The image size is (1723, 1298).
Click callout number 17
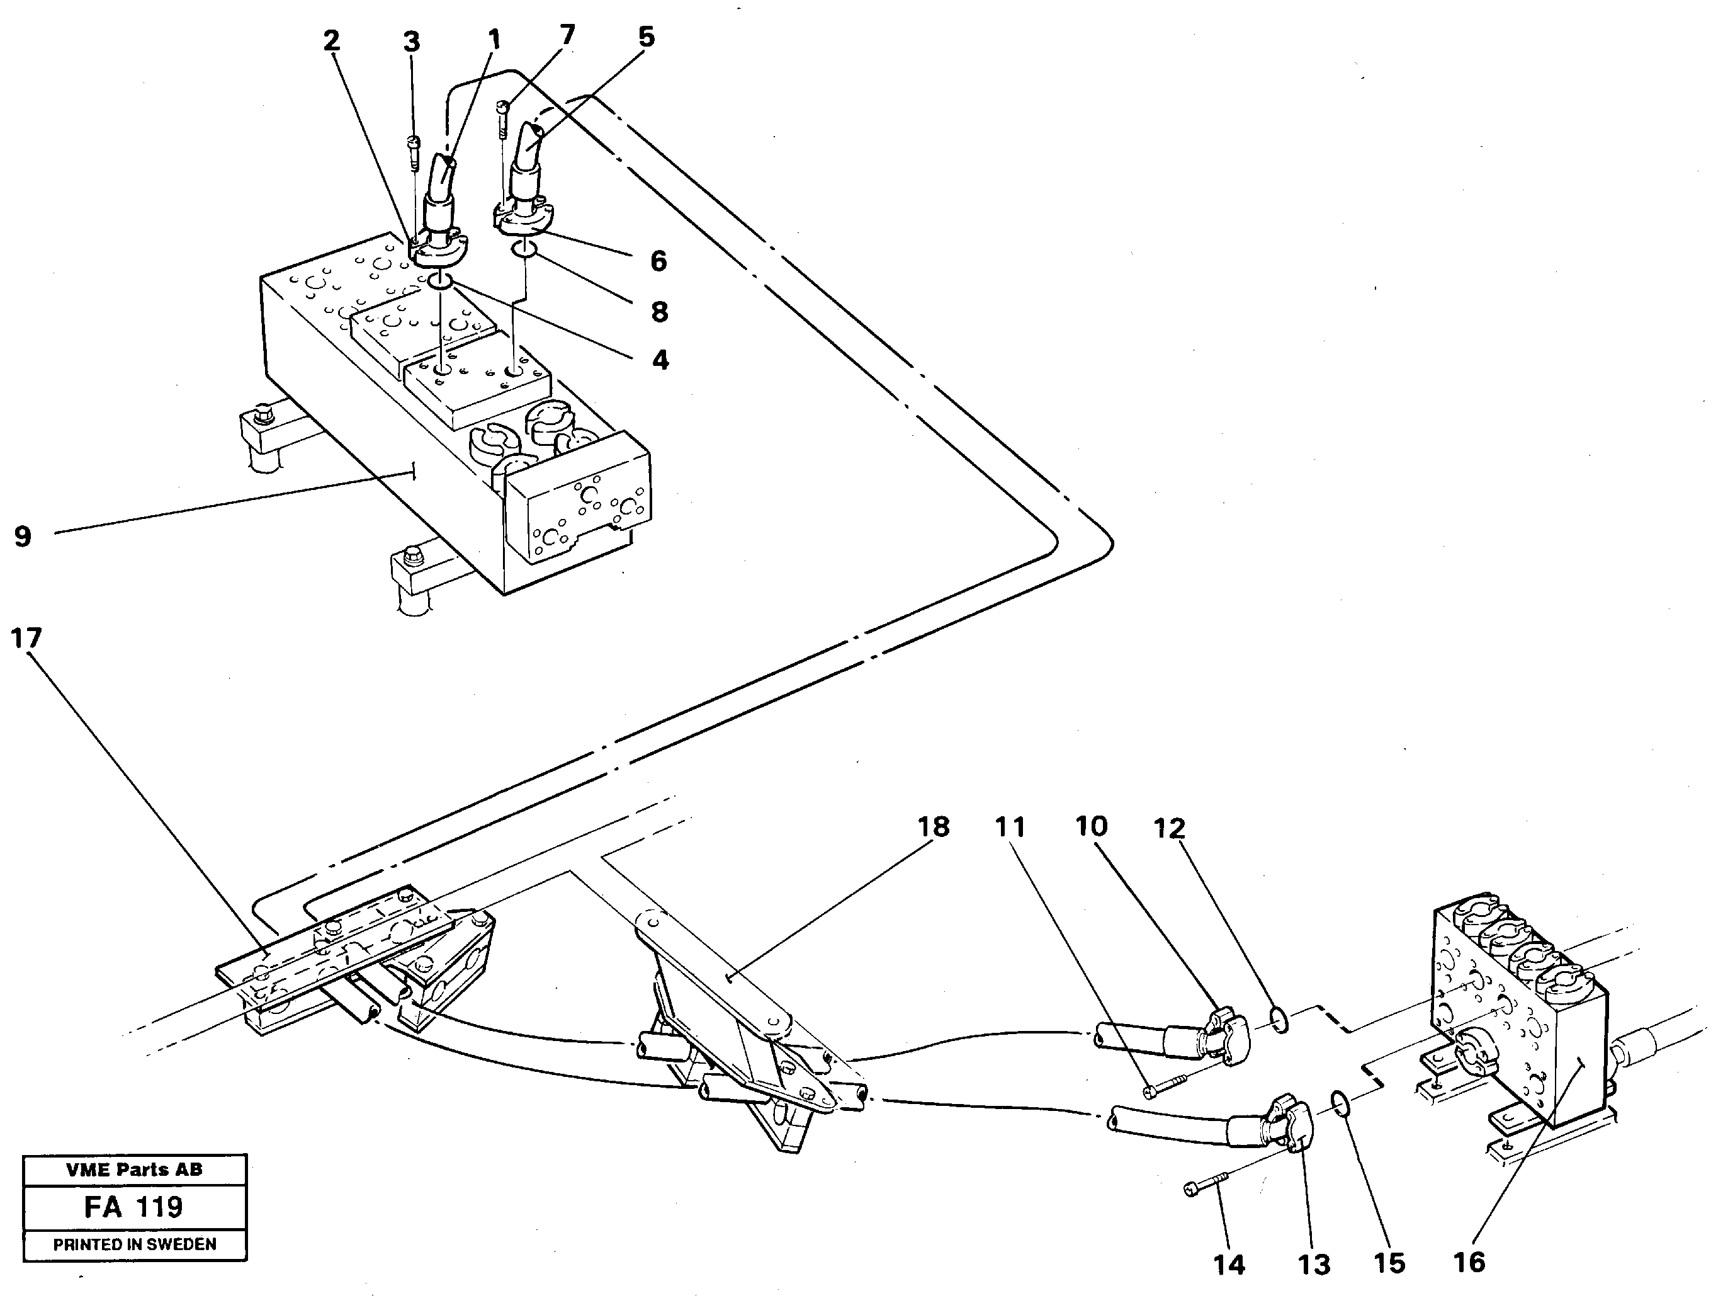tap(26, 639)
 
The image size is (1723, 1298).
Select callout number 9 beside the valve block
tap(23, 536)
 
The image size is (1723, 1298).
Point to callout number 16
tap(1469, 1261)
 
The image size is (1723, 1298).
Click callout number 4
tap(660, 360)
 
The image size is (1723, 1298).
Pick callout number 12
tap(1168, 828)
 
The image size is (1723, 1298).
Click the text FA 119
tap(133, 1207)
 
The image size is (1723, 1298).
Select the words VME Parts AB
tap(134, 1170)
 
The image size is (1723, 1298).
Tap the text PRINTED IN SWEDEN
tap(135, 1244)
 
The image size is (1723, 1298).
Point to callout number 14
tap(1229, 1265)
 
